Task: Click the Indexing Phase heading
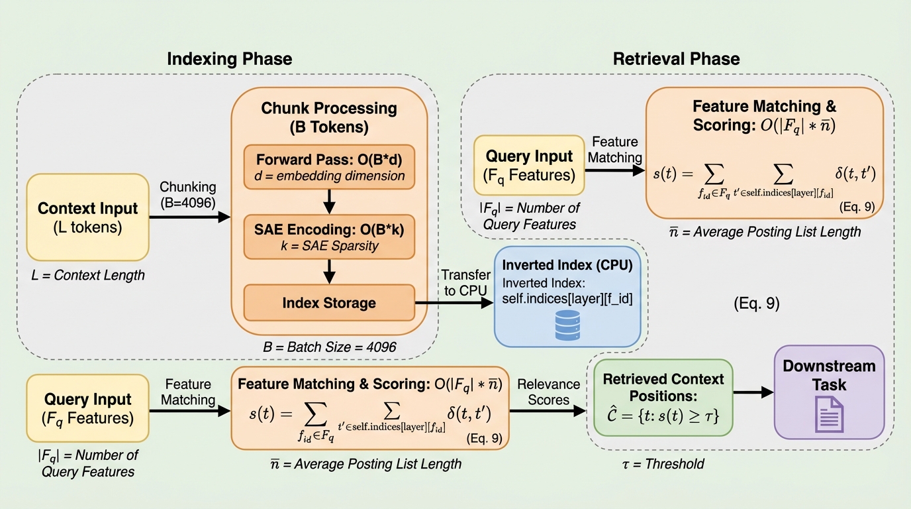tap(229, 58)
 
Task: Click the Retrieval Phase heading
tap(676, 58)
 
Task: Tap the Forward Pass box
tap(329, 166)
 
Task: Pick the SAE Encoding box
tap(329, 237)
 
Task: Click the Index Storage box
tap(329, 304)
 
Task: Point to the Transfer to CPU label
tap(466, 282)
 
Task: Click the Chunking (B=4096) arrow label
tap(187, 195)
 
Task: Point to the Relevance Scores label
tap(548, 392)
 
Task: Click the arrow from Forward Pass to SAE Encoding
tap(329, 201)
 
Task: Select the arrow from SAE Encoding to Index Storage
tap(329, 270)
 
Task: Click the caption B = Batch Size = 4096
tap(329, 347)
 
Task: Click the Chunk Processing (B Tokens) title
tap(329, 117)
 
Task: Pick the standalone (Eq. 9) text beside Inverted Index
tap(757, 304)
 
